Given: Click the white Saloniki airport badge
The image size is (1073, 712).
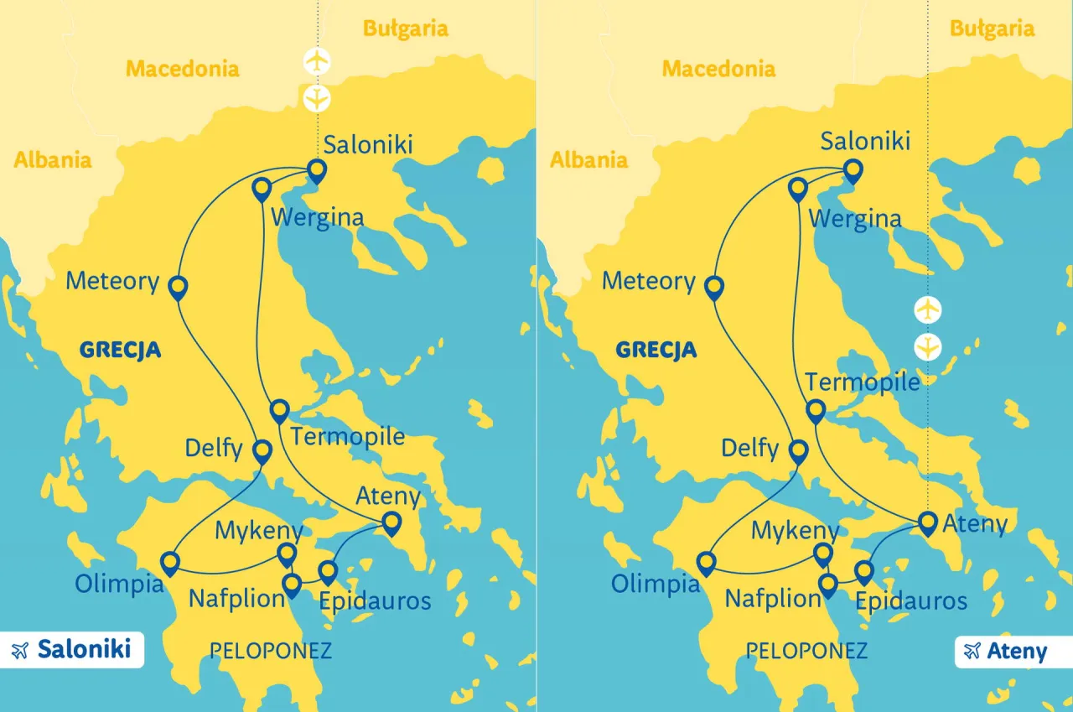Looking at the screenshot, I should pyautogui.click(x=72, y=650).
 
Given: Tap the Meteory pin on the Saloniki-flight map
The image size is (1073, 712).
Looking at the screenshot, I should pyautogui.click(x=178, y=288).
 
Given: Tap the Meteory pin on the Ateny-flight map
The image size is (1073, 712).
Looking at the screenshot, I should pyautogui.click(x=714, y=288).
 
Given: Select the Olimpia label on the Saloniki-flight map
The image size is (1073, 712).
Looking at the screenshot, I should pyautogui.click(x=120, y=584).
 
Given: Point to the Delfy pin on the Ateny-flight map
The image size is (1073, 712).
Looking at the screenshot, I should pyautogui.click(x=799, y=452).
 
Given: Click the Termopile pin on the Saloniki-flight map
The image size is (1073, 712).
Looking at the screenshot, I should pyautogui.click(x=279, y=411).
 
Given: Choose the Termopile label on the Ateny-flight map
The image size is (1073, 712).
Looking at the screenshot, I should pyautogui.click(x=863, y=382).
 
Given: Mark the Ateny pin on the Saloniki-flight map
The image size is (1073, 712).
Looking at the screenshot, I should pyautogui.click(x=391, y=523).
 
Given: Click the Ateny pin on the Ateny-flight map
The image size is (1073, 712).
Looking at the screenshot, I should pyautogui.click(x=927, y=523).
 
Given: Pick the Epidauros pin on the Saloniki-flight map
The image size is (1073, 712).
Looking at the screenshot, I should pyautogui.click(x=328, y=572).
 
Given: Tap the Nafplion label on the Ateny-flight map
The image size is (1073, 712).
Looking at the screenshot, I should pyautogui.click(x=773, y=599).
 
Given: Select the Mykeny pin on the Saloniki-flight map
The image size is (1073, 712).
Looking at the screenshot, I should pyautogui.click(x=287, y=553).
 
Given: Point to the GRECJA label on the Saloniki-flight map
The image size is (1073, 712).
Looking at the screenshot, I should pyautogui.click(x=120, y=350).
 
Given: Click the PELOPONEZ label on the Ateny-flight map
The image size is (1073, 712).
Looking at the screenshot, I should pyautogui.click(x=806, y=651).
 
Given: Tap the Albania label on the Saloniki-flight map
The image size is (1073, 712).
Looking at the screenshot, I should pyautogui.click(x=52, y=159).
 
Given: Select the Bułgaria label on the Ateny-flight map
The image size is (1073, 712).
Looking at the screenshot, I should pyautogui.click(x=993, y=29).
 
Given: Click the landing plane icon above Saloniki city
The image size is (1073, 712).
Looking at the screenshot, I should pyautogui.click(x=317, y=98).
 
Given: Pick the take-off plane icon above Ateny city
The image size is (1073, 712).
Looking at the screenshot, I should pyautogui.click(x=928, y=309).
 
